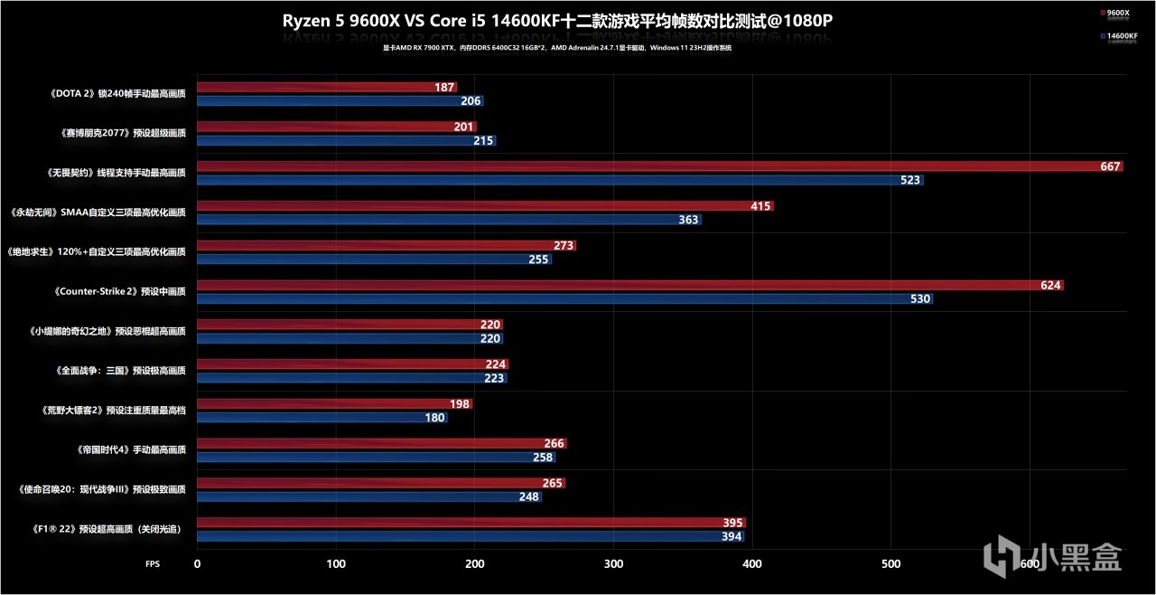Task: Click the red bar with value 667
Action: click(659, 166)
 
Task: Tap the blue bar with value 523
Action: click(560, 180)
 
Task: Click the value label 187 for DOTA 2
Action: click(444, 87)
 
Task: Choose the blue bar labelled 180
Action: click(322, 418)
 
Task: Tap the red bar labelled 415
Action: click(485, 206)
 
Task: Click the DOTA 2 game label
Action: click(118, 94)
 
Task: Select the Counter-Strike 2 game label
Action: click(119, 291)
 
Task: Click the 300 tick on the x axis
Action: click(614, 563)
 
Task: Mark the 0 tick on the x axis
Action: click(198, 563)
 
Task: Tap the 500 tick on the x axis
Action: click(891, 563)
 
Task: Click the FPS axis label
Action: click(153, 563)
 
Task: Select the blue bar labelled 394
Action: click(470, 536)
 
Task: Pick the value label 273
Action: click(564, 246)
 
